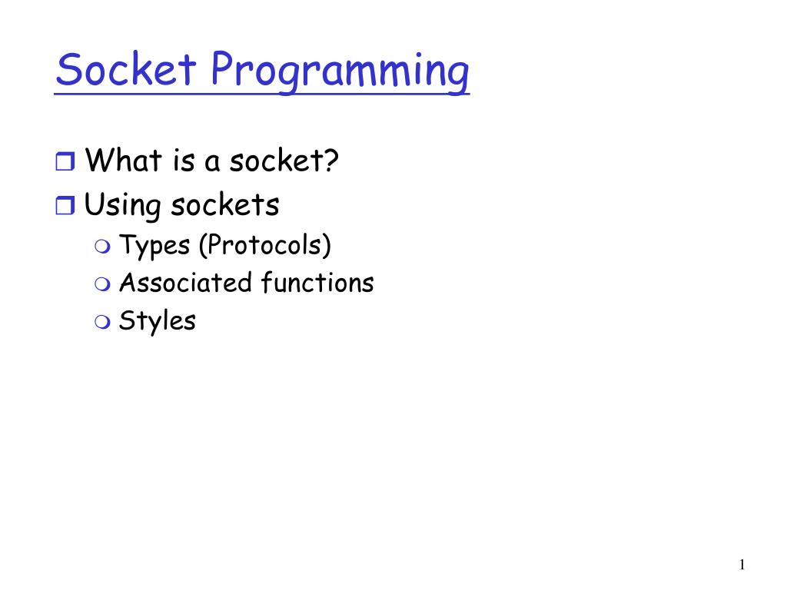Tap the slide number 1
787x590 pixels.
click(742, 565)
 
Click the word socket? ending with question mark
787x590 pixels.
click(282, 161)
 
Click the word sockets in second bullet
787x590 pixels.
click(225, 205)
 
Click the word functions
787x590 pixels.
click(317, 283)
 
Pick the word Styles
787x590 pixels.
click(158, 320)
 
